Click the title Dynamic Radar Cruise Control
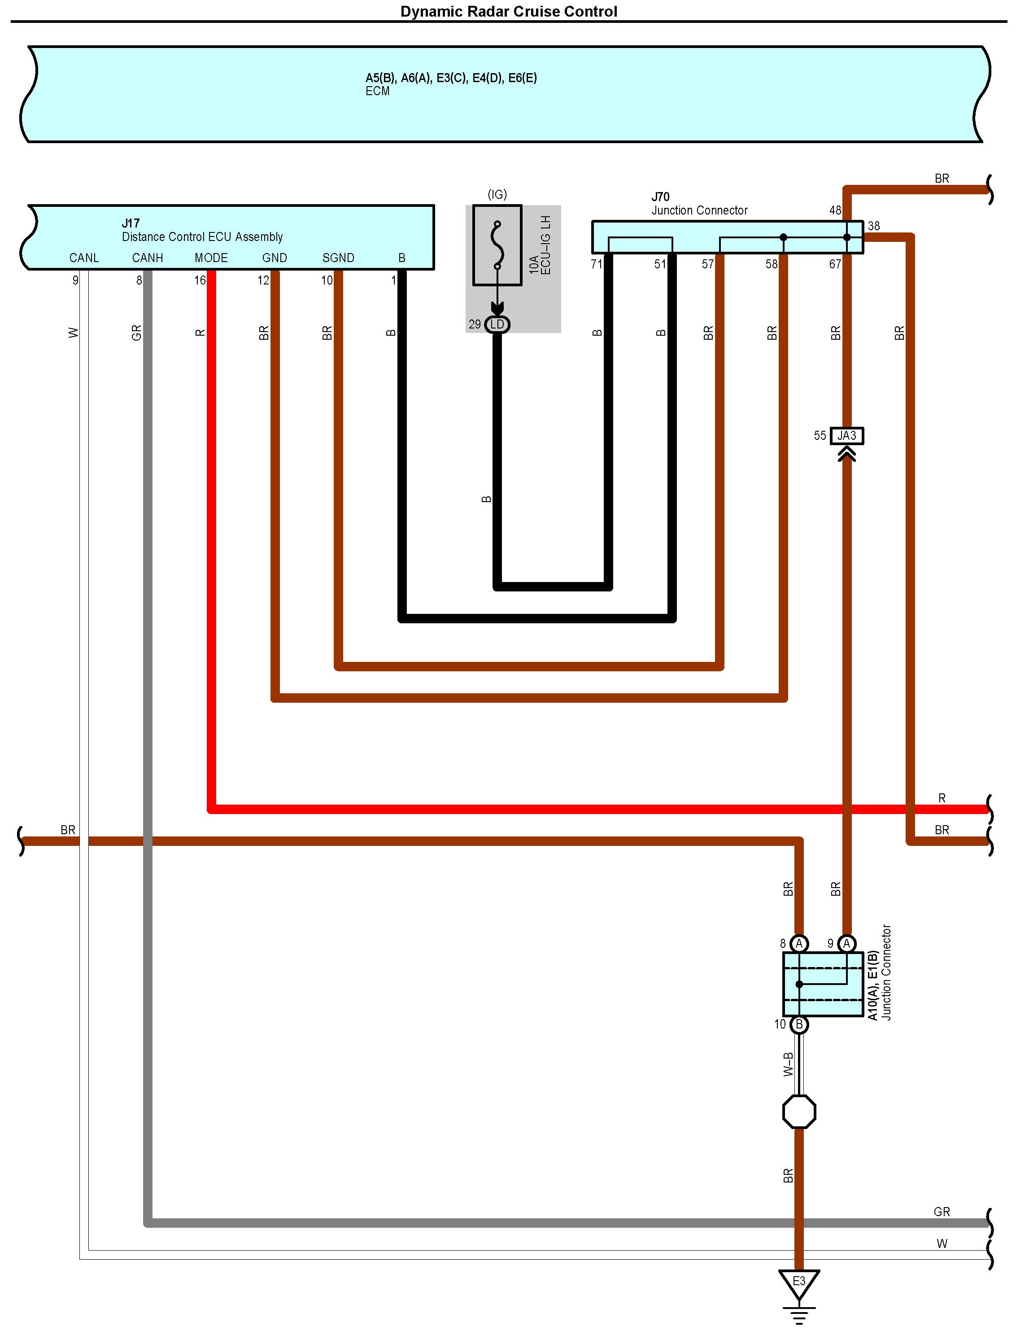(508, 12)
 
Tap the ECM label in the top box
(377, 91)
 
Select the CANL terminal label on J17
(83, 258)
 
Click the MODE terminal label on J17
(211, 258)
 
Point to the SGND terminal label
(338, 258)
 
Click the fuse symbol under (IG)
(497, 245)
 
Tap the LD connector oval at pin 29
(497, 325)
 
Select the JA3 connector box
(847, 436)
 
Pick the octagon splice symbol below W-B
(799, 1112)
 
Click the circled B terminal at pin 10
(799, 1024)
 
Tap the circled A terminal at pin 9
(847, 944)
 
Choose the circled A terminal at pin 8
(799, 944)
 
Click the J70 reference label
(660, 197)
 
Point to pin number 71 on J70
(596, 264)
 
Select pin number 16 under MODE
(200, 280)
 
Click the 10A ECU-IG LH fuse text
(540, 245)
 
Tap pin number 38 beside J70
(874, 226)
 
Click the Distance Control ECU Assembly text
(202, 236)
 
